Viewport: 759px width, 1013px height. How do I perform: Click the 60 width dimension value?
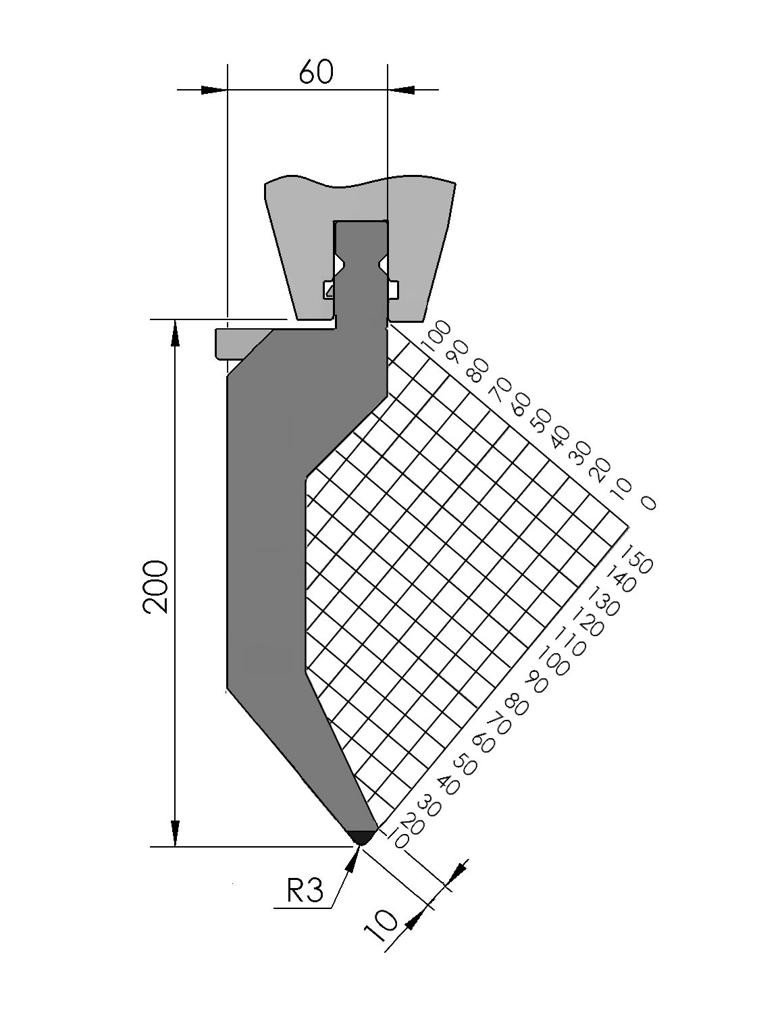click(316, 72)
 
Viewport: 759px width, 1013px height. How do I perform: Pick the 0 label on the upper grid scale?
click(648, 502)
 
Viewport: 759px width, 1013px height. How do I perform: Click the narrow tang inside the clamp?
click(361, 270)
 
